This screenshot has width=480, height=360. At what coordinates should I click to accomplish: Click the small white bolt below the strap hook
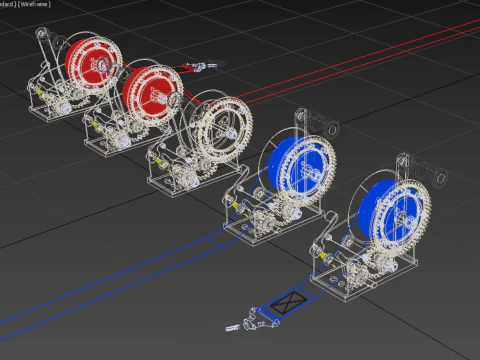[234, 325]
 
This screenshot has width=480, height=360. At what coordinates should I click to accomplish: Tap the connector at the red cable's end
[201, 67]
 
